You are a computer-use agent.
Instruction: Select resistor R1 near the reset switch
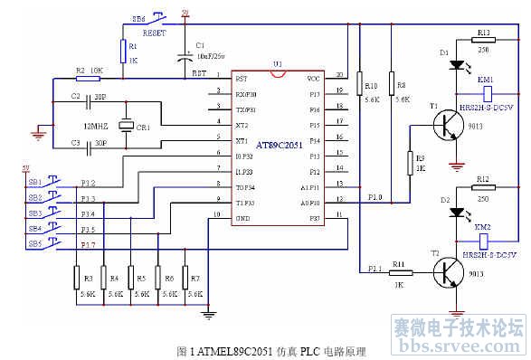coord(122,51)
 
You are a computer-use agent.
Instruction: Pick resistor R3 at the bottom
coord(76,279)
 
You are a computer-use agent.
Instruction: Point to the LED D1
coord(458,66)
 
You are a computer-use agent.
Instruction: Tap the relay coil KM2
coord(487,241)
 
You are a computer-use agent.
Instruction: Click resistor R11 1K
coord(400,271)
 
